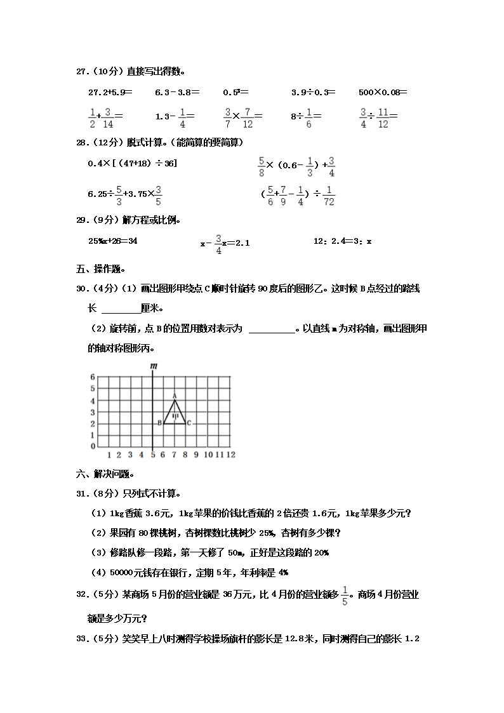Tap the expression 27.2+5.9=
click(x=110, y=92)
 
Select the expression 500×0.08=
click(x=382, y=92)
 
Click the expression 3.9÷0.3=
click(x=314, y=92)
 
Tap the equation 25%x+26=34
click(x=113, y=241)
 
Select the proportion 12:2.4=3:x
click(x=343, y=241)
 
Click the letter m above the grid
click(x=153, y=366)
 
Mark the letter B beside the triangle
click(x=159, y=423)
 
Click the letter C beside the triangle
click(x=189, y=423)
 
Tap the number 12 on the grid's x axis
click(x=230, y=455)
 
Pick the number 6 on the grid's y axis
click(x=92, y=377)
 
